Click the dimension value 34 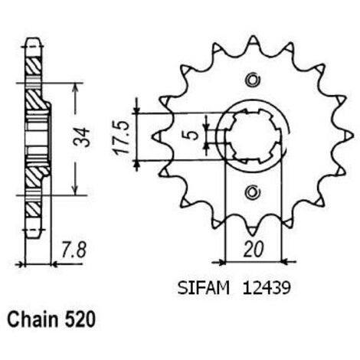(82, 137)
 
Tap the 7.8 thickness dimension (74, 250)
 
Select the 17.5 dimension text (121, 138)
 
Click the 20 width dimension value (253, 249)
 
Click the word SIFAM (204, 289)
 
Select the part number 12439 (267, 289)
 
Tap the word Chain (33, 319)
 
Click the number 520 (80, 319)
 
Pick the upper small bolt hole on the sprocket (253, 80)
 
